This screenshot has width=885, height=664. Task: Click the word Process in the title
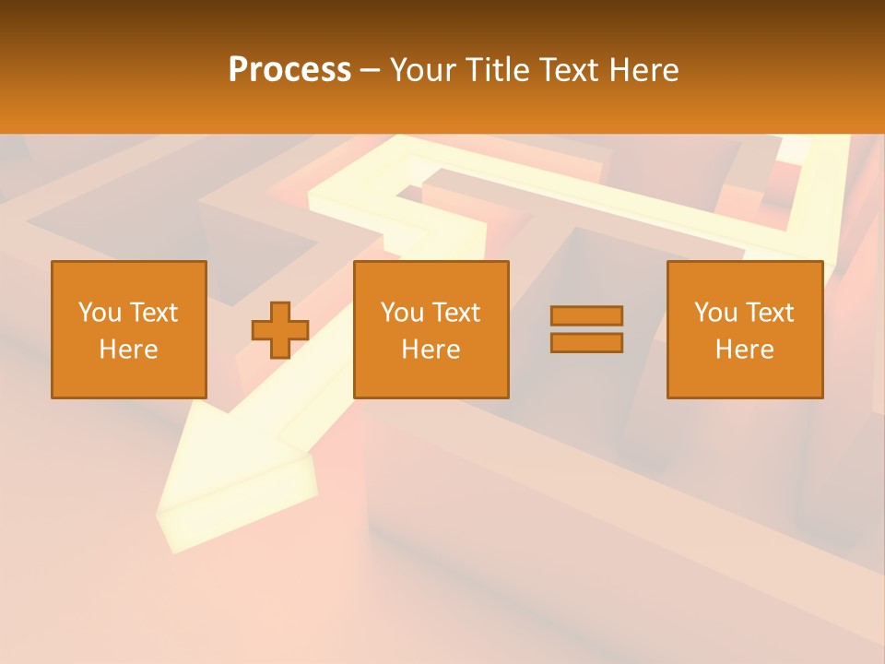click(x=289, y=70)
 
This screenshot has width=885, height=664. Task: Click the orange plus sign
click(x=280, y=330)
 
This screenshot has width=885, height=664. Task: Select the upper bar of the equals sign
click(x=586, y=315)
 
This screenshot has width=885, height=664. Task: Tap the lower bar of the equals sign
click(x=586, y=343)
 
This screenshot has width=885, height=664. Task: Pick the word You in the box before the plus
click(x=100, y=313)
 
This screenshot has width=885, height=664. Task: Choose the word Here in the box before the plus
click(x=128, y=350)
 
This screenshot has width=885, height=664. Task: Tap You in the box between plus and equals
click(x=402, y=313)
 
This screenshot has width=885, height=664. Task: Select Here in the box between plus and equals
click(x=431, y=350)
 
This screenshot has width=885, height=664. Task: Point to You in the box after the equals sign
click(x=715, y=313)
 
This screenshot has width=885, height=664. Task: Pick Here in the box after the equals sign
click(x=744, y=350)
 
